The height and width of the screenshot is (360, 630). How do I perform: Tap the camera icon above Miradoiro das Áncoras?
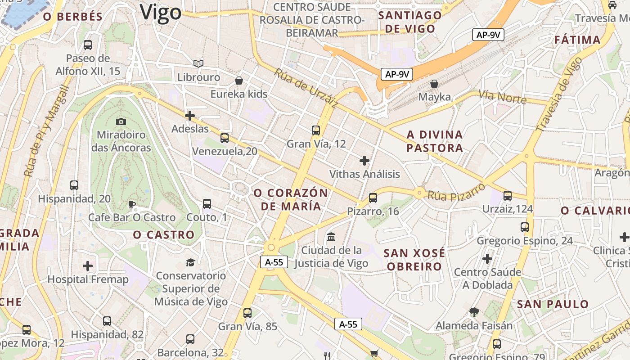tap(121, 121)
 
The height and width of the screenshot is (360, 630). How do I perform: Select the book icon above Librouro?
tap(198, 64)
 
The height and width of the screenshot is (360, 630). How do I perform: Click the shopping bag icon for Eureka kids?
tap(239, 81)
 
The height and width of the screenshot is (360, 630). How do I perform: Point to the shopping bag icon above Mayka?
tap(434, 84)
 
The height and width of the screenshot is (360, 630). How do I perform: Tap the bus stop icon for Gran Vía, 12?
tap(316, 130)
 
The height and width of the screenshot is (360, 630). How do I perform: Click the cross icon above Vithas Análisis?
tap(364, 160)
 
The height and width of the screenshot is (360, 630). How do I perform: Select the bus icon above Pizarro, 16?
tap(373, 198)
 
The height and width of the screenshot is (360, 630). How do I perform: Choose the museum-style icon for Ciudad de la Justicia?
tap(332, 237)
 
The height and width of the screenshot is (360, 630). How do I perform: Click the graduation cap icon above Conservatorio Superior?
tap(191, 262)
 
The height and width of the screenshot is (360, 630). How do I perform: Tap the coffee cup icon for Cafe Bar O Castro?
tap(131, 204)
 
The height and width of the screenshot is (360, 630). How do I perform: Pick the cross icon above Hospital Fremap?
tap(88, 266)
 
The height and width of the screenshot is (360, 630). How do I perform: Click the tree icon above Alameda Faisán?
tap(474, 312)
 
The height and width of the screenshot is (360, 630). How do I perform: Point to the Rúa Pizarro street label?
tap(456, 192)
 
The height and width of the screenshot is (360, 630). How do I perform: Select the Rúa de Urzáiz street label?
tap(306, 88)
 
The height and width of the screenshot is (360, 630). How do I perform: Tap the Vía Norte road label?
tap(502, 96)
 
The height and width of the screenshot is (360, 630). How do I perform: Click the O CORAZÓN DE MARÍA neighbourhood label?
tap(290, 199)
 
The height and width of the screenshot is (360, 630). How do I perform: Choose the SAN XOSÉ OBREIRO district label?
tap(414, 260)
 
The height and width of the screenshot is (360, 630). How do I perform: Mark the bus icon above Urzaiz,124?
tap(508, 196)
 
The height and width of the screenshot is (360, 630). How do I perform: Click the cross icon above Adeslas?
tap(190, 116)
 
